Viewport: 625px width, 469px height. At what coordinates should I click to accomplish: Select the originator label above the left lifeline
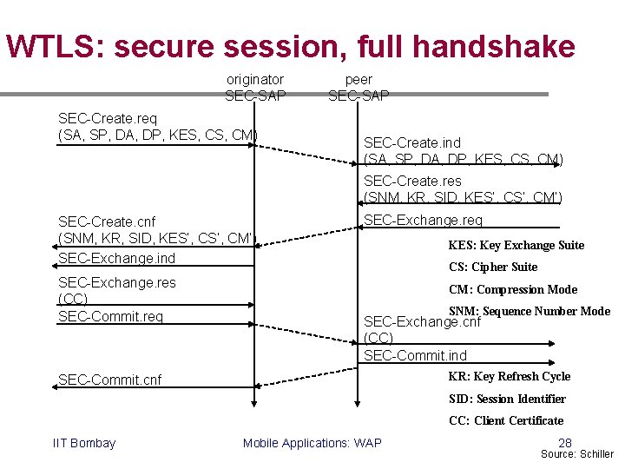pos(254,79)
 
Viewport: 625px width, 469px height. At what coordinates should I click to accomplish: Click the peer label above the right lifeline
pos(359,79)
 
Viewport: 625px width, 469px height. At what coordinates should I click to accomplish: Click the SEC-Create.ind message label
pos(412,142)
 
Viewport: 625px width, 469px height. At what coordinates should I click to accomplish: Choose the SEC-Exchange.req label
pos(423,221)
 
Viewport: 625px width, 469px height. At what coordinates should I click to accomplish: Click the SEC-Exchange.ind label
pos(116,258)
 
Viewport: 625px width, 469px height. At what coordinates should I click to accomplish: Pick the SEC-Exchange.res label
pos(116,282)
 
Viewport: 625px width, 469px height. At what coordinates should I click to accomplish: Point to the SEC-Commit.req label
pos(110,316)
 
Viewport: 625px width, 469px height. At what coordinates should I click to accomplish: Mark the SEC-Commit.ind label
pos(415,355)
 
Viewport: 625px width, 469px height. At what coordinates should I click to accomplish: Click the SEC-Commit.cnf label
pos(110,380)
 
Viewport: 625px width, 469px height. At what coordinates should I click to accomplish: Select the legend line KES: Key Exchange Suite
pos(516,245)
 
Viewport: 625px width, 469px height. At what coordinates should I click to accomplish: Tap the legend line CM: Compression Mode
pos(512,289)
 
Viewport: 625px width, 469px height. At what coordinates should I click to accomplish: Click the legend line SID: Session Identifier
pos(507,399)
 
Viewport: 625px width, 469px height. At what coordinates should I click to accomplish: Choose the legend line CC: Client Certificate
pos(506,420)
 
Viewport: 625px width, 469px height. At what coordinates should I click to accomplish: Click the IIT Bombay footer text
pos(84,443)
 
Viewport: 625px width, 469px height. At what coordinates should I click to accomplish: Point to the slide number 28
pos(565,442)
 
